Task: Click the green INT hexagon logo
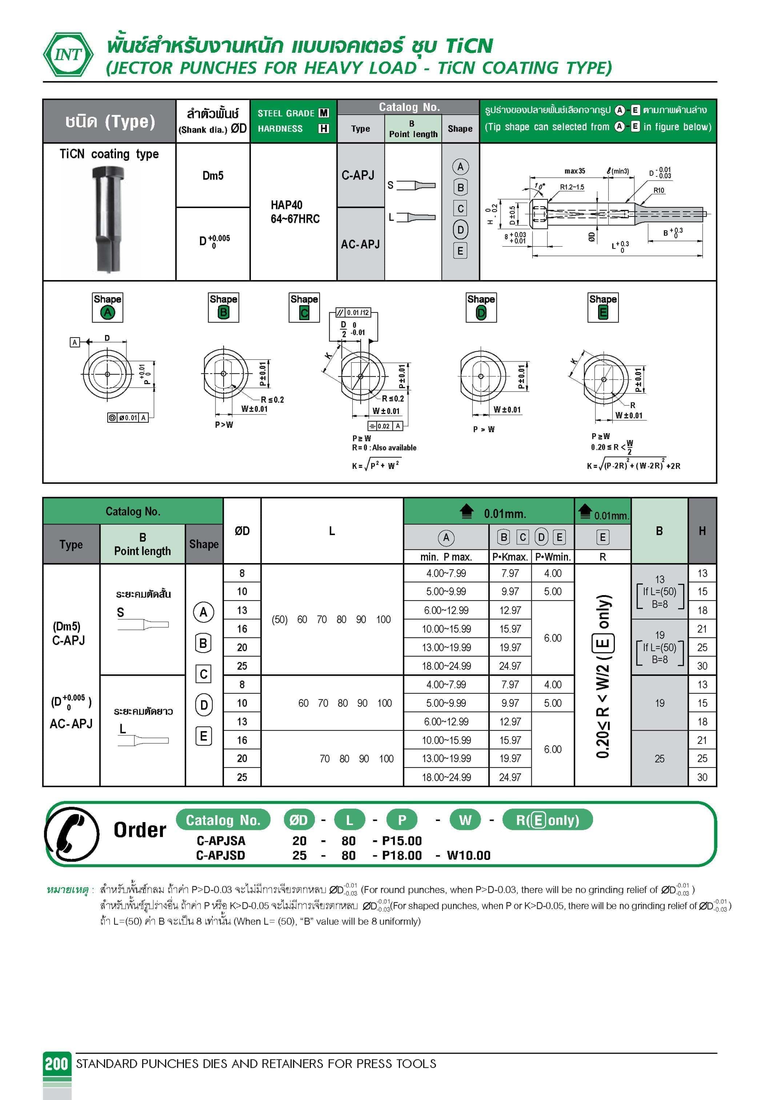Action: coord(68,54)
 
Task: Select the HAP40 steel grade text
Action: coord(287,205)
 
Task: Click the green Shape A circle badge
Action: coord(108,312)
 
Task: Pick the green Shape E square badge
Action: coord(602,312)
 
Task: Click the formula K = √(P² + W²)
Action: coord(376,465)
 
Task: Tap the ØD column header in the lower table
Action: coord(242,531)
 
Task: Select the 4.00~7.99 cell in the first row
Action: coord(446,573)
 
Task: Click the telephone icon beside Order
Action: coord(72,834)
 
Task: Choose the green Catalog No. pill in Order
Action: coord(223,820)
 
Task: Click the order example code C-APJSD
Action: coord(221,855)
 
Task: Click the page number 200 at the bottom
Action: coord(56,1064)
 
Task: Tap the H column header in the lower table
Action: coord(702,531)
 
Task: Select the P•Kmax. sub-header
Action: coord(510,557)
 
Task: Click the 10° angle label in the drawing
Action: coord(540,186)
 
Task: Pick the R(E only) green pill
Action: coord(548,820)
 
